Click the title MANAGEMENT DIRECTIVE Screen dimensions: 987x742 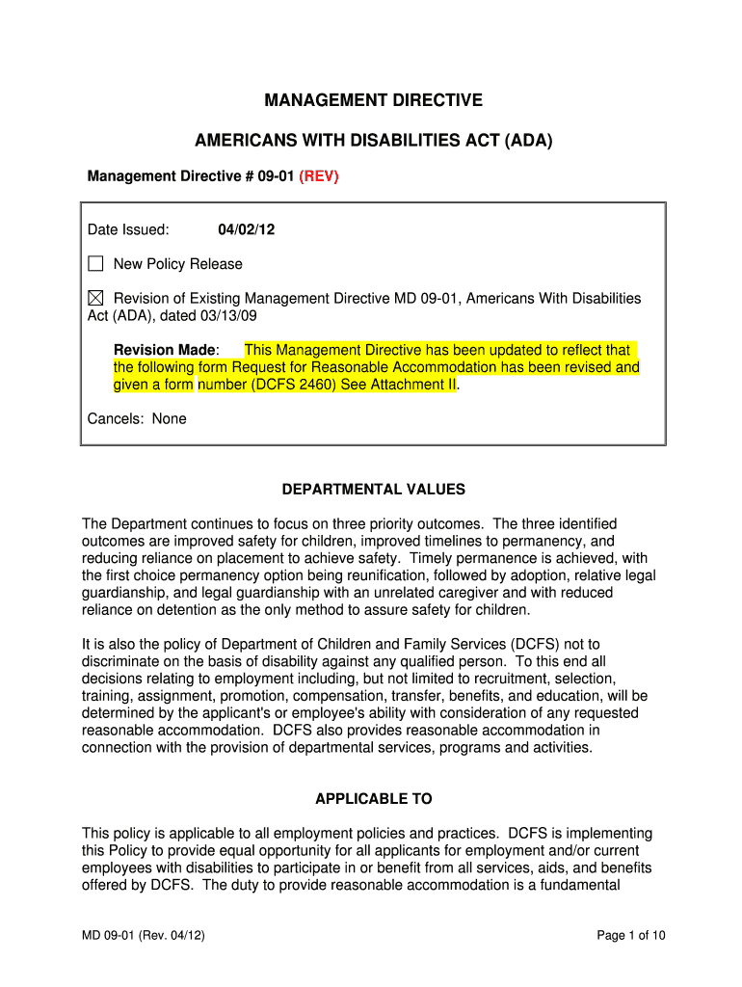[373, 100]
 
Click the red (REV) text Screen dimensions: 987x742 [319, 176]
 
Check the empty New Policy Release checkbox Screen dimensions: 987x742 [95, 264]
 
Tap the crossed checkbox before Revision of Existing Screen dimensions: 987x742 [95, 299]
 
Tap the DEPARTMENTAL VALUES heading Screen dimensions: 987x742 [373, 490]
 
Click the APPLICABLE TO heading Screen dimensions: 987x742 [374, 799]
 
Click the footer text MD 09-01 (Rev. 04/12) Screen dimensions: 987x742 [143, 935]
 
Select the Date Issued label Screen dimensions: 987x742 [128, 229]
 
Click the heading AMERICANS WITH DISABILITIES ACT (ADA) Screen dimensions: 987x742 [374, 141]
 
